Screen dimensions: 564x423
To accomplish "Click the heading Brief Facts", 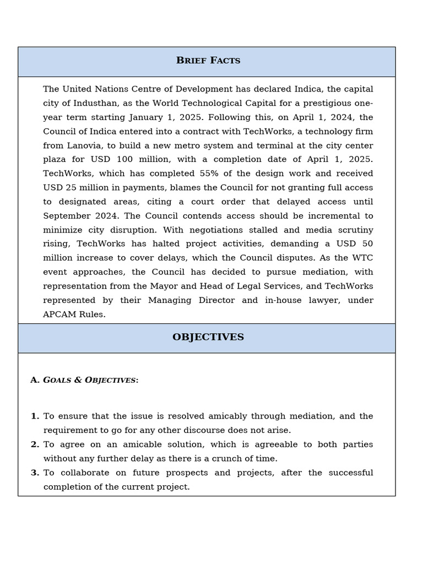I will click(208, 61).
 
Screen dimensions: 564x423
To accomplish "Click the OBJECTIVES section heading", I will click(208, 337).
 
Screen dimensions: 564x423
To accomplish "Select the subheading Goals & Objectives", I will click(90, 380).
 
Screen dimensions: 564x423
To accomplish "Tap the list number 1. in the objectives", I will click(35, 416).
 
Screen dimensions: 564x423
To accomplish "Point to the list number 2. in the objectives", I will click(35, 444).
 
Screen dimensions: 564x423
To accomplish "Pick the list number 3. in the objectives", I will click(35, 473).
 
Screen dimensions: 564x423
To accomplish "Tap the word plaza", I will click(57, 160).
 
